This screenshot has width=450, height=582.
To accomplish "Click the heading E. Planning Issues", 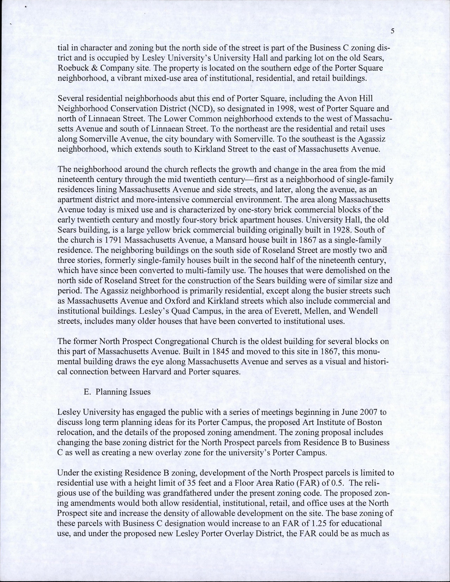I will [x=117, y=392].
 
